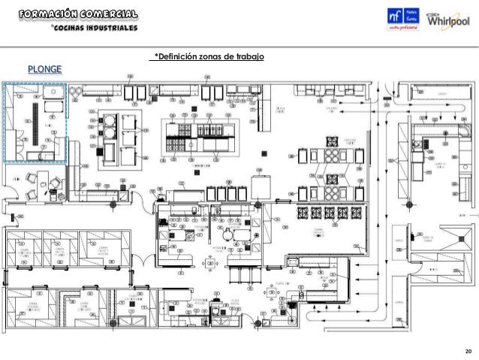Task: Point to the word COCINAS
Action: (68, 29)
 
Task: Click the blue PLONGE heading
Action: (45, 70)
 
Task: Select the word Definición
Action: (175, 57)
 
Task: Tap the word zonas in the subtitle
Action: (212, 57)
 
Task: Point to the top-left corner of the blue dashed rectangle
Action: (5, 83)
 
